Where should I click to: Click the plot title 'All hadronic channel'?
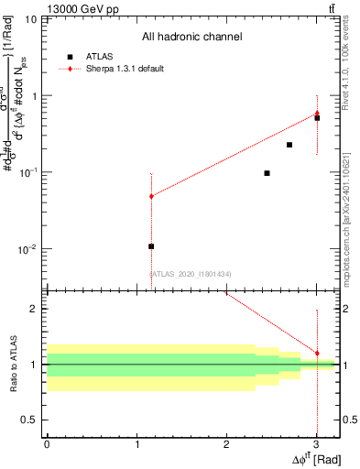click(x=191, y=38)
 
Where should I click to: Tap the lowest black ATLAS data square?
click(x=151, y=246)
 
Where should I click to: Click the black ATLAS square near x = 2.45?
click(x=267, y=173)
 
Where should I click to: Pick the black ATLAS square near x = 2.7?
click(x=289, y=145)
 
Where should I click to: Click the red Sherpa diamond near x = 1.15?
click(x=151, y=196)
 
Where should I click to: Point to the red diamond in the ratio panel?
click(x=317, y=353)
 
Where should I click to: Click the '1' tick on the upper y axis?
click(x=36, y=95)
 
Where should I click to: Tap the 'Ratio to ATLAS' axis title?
click(x=15, y=365)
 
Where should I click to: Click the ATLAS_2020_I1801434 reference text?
click(x=190, y=274)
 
